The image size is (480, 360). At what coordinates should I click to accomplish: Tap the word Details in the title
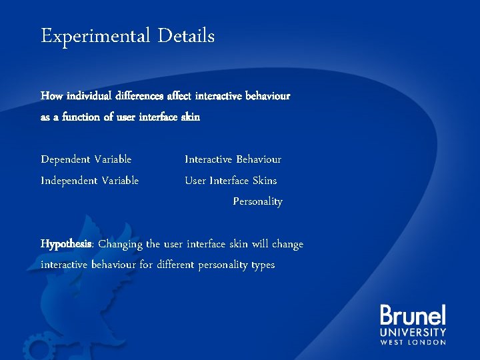[x=186, y=35]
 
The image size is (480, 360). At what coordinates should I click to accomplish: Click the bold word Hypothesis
[x=67, y=244]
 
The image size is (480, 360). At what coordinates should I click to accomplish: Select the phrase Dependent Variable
[x=86, y=159]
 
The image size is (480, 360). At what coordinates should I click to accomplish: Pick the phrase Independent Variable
[x=90, y=181]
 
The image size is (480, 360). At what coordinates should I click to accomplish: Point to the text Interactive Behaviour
[x=233, y=159]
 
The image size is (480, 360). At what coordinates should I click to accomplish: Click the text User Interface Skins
[x=231, y=181]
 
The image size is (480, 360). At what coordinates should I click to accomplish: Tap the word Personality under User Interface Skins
[x=257, y=201]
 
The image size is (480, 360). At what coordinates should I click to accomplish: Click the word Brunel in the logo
[x=413, y=315]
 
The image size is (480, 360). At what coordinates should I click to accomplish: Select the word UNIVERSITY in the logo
[x=413, y=332]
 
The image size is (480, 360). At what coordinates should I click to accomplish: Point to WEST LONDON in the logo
[x=413, y=342]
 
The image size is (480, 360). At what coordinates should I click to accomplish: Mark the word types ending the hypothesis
[x=261, y=265]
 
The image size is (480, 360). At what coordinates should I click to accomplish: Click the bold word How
[x=51, y=96]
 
